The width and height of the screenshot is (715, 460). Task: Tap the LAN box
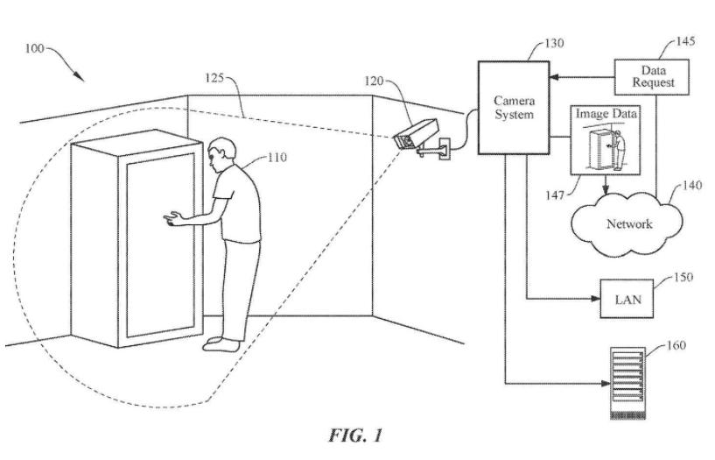click(627, 299)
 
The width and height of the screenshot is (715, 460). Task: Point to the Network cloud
click(628, 223)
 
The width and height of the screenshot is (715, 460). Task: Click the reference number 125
click(213, 80)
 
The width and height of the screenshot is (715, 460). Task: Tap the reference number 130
click(552, 42)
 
